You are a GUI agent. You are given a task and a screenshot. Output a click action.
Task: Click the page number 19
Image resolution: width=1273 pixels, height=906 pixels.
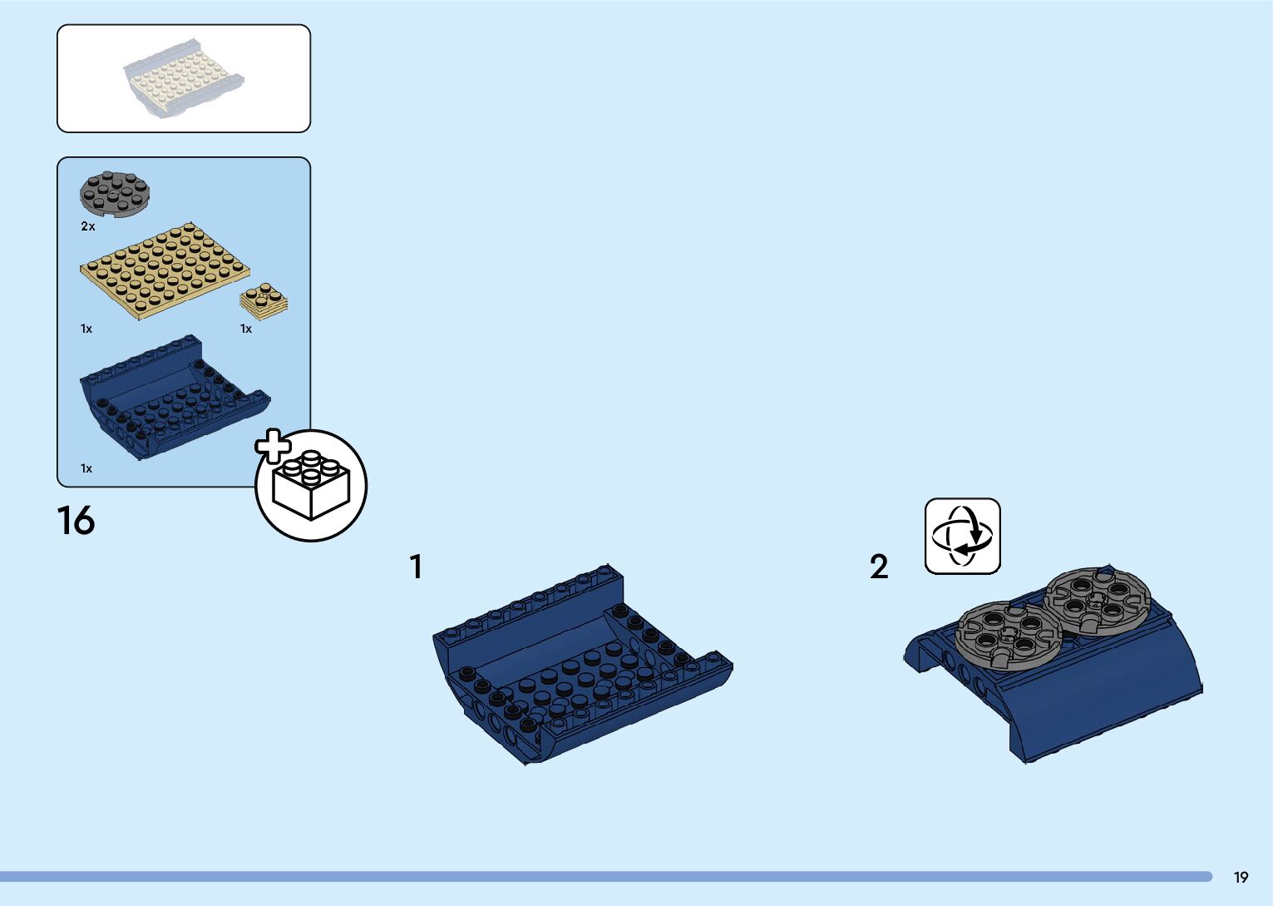[1241, 877]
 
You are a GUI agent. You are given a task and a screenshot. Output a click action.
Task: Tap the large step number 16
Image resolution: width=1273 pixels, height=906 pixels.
[76, 522]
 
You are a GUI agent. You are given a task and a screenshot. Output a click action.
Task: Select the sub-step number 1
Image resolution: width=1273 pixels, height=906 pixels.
[416, 567]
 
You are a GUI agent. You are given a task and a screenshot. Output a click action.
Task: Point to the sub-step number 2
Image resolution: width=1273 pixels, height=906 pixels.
[879, 567]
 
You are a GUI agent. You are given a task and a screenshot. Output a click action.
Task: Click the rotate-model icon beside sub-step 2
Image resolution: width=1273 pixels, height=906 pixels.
[963, 536]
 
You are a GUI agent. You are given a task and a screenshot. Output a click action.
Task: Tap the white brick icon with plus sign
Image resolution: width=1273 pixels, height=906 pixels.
[310, 486]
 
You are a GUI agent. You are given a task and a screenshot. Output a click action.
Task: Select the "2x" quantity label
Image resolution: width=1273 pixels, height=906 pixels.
[88, 226]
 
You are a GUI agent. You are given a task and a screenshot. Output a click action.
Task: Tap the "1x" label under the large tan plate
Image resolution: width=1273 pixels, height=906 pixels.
[86, 329]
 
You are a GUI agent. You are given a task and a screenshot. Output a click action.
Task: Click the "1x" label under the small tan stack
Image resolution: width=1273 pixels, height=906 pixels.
[246, 329]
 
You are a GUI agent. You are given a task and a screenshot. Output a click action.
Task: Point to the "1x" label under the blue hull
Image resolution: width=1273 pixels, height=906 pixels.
[86, 468]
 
